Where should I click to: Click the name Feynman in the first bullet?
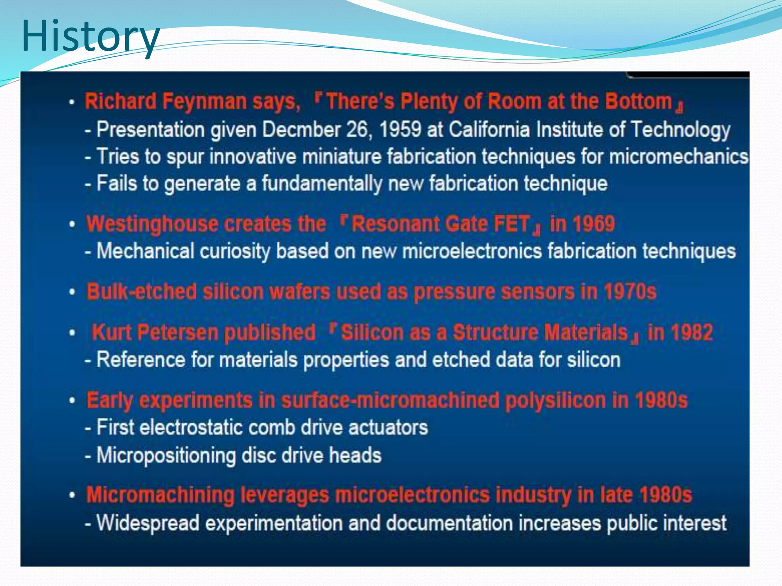coord(204,101)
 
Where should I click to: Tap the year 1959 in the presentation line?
coord(400,130)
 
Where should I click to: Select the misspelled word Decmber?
coord(301,130)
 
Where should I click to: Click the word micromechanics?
coord(678,157)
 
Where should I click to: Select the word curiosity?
coord(235,251)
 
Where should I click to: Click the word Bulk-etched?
coord(141,292)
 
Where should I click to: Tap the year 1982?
coord(691,332)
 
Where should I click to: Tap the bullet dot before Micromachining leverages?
coord(72,495)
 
